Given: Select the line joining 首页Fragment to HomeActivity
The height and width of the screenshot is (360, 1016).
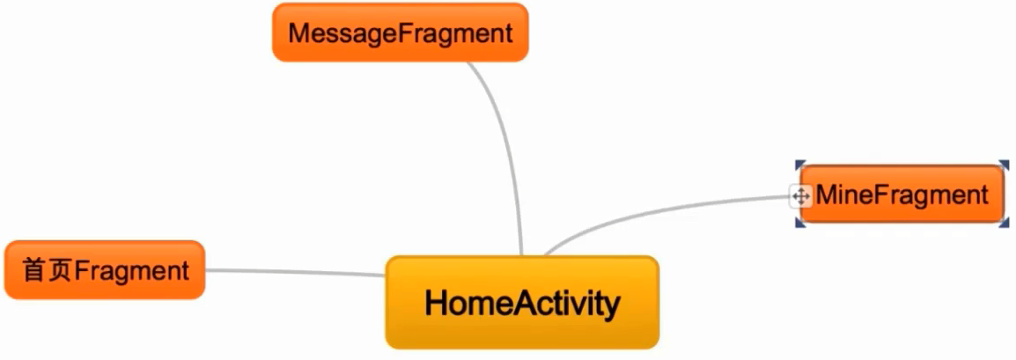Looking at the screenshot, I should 295,272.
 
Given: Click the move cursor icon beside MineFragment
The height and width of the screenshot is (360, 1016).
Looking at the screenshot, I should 800,195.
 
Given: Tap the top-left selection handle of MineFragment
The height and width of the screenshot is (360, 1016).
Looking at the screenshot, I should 799,165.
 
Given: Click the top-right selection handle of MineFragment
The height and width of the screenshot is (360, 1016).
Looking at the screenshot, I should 1005,165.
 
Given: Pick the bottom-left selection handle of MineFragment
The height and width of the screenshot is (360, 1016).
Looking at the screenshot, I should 799,224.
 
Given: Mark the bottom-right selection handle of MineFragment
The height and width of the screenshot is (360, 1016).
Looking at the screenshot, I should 1005,224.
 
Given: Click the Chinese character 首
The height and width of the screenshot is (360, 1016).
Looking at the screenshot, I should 34,270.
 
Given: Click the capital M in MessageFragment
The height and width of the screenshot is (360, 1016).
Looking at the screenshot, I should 299,33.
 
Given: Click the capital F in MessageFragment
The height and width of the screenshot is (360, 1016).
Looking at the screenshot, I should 408,33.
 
